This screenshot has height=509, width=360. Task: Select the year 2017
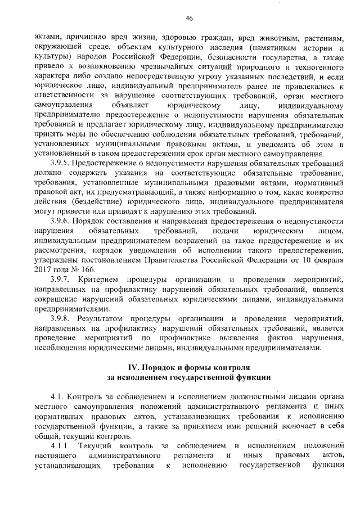[x=43, y=270]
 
